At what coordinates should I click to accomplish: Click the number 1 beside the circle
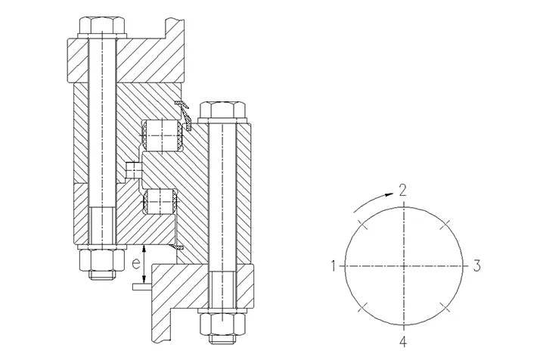[333, 265]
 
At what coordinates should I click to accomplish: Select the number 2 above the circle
[404, 189]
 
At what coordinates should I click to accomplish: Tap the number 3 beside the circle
[476, 265]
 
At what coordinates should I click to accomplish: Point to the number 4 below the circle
[404, 340]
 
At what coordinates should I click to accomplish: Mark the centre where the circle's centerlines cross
[404, 265]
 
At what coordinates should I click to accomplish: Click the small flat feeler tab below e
[141, 287]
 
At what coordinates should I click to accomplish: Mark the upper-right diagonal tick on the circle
[448, 222]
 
